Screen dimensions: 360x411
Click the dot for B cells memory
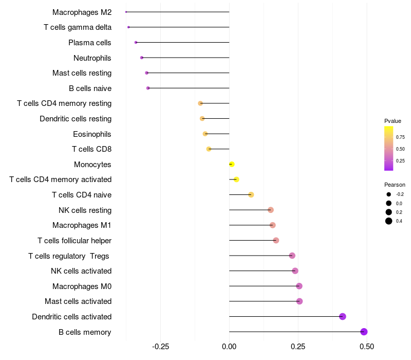pyautogui.click(x=364, y=332)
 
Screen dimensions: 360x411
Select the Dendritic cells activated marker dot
pyautogui.click(x=343, y=316)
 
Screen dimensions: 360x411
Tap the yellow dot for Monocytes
pyautogui.click(x=232, y=164)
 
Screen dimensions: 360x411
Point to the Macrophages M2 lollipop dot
pyautogui.click(x=126, y=12)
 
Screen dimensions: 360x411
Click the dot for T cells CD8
pyautogui.click(x=209, y=149)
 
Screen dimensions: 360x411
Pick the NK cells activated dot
pyautogui.click(x=295, y=271)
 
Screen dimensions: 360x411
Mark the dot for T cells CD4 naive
pyautogui.click(x=251, y=194)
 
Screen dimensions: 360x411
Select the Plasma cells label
pyautogui.click(x=90, y=43)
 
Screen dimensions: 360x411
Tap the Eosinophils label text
pyautogui.click(x=92, y=134)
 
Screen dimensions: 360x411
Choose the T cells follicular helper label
pyautogui.click(x=74, y=241)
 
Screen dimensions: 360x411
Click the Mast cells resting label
pyautogui.click(x=82, y=73)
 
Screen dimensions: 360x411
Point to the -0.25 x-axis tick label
pyautogui.click(x=160, y=347)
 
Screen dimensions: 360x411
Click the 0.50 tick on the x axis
pyautogui.click(x=367, y=347)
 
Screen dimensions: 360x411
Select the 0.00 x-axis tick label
pyautogui.click(x=229, y=347)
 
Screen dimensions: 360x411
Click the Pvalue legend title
pyautogui.click(x=393, y=121)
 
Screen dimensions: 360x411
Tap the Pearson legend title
pyautogui.click(x=395, y=185)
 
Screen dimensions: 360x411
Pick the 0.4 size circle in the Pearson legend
pyautogui.click(x=389, y=221)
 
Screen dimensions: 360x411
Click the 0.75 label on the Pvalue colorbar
pyautogui.click(x=400, y=137)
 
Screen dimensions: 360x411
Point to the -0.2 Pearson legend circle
pyautogui.click(x=389, y=194)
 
